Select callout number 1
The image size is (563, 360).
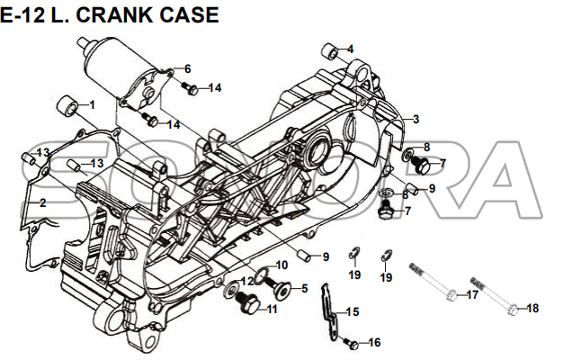tap(90, 104)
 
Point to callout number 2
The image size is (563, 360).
tap(41, 203)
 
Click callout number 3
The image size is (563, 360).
tap(416, 119)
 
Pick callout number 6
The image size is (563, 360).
tap(187, 69)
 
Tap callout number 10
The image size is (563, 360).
tap(281, 265)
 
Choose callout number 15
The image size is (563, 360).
tap(353, 312)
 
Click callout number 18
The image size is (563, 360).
tap(532, 308)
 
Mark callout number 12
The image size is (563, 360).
tap(242, 281)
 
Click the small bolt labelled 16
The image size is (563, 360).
tap(353, 344)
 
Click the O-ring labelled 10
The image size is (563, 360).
tap(261, 274)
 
